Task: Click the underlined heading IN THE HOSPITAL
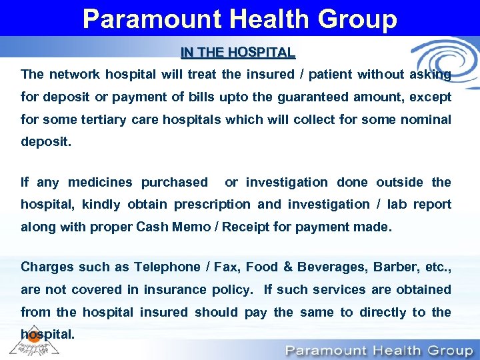tap(238, 52)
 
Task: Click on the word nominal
tap(424, 119)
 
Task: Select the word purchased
tap(175, 182)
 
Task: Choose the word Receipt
tap(246, 227)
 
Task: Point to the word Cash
tap(152, 227)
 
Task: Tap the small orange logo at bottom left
tap(32, 337)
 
